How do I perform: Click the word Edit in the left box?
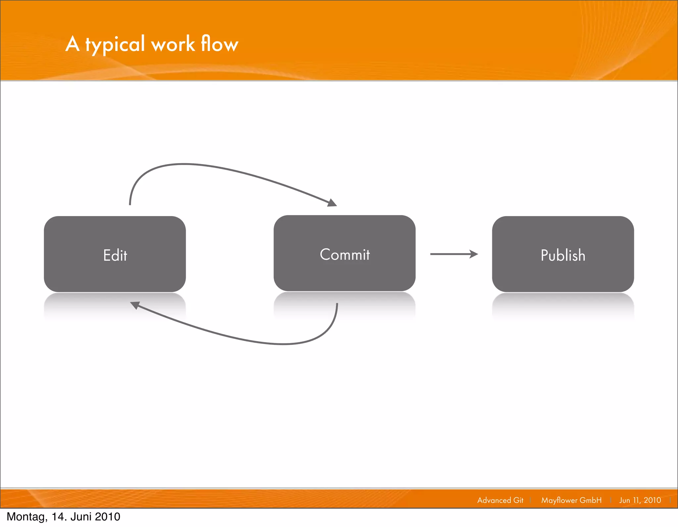click(x=115, y=255)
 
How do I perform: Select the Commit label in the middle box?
click(x=345, y=255)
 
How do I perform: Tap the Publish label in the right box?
click(x=563, y=255)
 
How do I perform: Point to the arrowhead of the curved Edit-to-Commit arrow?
click(x=332, y=202)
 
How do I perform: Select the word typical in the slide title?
click(x=115, y=44)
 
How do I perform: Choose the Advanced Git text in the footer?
click(x=500, y=500)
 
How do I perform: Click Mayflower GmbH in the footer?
click(x=571, y=500)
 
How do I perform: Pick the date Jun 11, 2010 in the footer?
click(x=640, y=500)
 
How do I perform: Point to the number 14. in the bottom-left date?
click(x=59, y=517)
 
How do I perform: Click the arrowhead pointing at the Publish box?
click(x=474, y=254)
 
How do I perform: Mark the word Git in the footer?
click(x=518, y=500)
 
